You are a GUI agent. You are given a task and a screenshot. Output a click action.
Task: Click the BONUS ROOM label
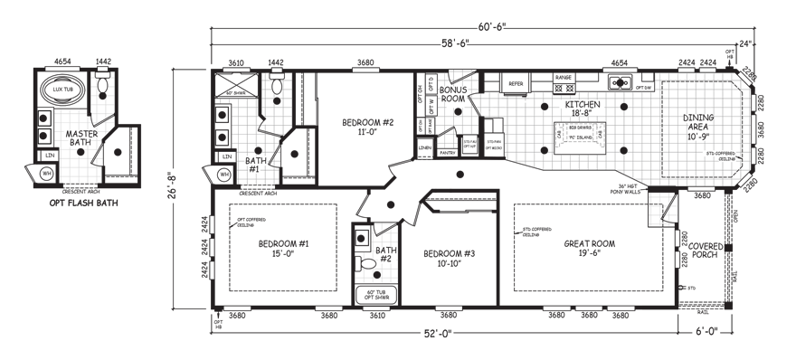coord(450,97)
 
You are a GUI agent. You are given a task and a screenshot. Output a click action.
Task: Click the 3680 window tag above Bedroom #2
coord(365,62)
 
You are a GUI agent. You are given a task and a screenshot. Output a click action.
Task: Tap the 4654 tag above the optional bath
coord(62,61)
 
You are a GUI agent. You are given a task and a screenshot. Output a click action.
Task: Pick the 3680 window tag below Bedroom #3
coord(447,316)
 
